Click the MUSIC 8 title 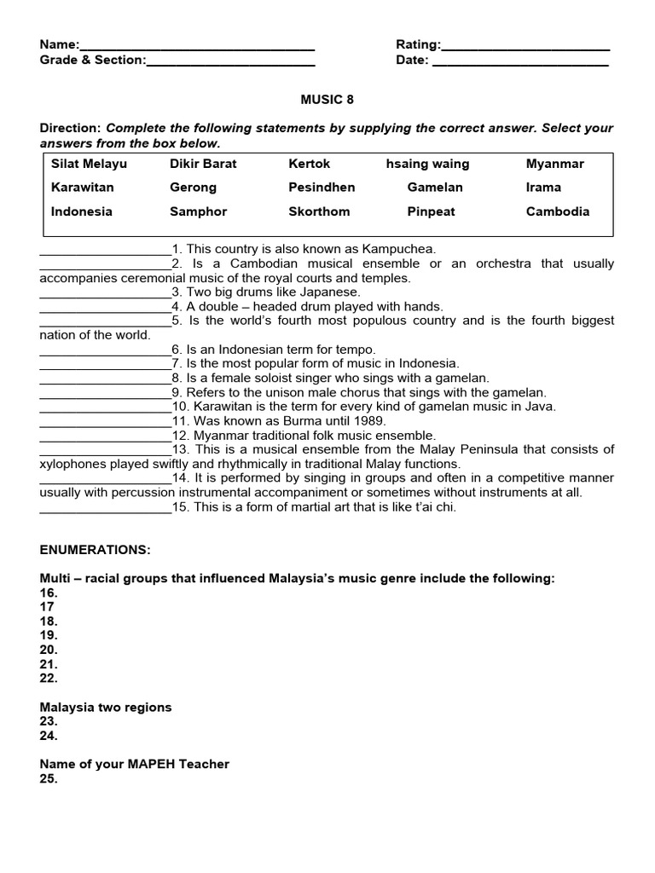(x=327, y=100)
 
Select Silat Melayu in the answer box (x=89, y=164)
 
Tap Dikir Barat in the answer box (x=203, y=164)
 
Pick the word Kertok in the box (x=309, y=164)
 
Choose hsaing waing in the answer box (x=427, y=164)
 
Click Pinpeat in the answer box (x=432, y=211)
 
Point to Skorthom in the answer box (x=319, y=211)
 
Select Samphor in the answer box (x=198, y=211)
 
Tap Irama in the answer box (x=543, y=188)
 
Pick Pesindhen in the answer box (x=322, y=188)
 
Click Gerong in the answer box (x=193, y=188)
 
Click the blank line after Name (x=197, y=46)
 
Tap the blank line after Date (x=520, y=61)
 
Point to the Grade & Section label (x=92, y=61)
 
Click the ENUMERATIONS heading (x=95, y=550)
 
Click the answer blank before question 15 (x=106, y=508)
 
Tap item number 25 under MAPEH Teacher (x=49, y=779)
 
